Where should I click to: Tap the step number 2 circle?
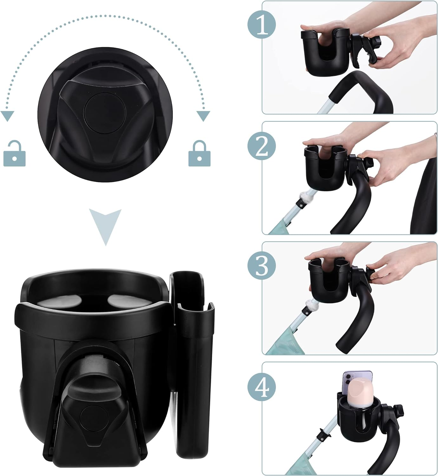tap(262, 147)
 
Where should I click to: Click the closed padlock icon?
tap(199, 155)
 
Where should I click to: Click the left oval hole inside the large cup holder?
tap(66, 300)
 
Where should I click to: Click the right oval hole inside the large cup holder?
tap(121, 300)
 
